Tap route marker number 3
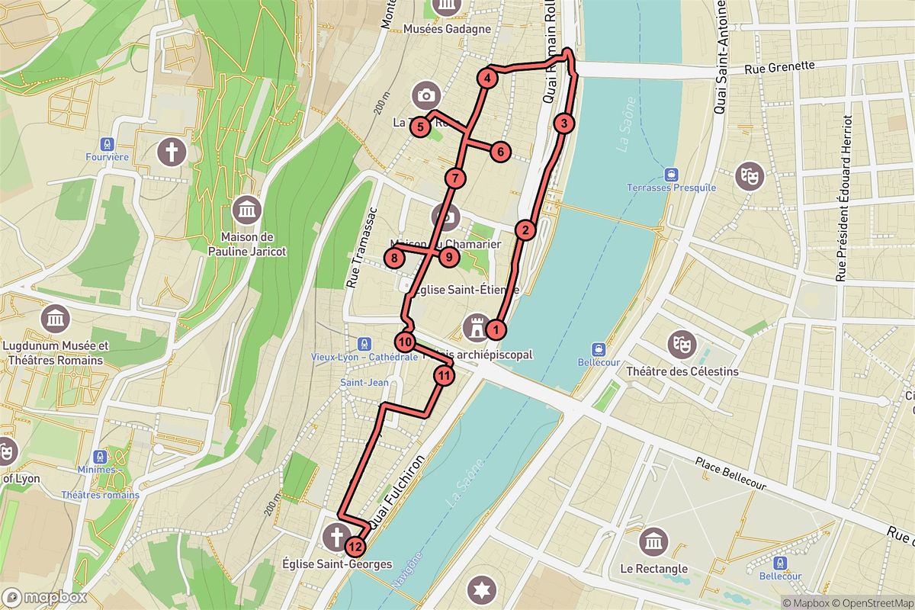coord(563,124)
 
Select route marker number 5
coord(420,127)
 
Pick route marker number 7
coord(454,179)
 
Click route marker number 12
coord(355,546)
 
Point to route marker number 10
coord(405,342)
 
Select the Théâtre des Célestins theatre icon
coord(682,345)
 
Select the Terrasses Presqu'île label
coord(671,188)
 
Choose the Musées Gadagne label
coord(446,30)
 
